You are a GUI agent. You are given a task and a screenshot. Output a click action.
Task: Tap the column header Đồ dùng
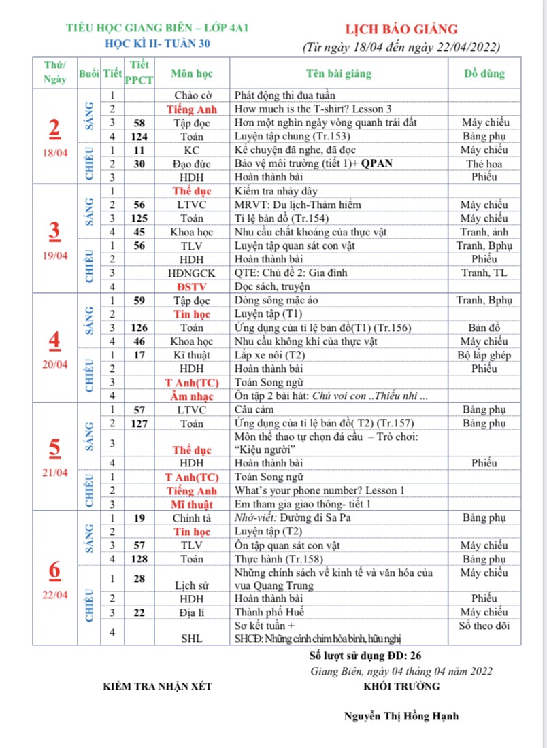pos(484,73)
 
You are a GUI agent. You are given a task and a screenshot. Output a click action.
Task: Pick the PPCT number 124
pos(139,136)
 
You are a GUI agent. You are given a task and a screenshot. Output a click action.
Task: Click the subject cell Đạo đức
pos(191,163)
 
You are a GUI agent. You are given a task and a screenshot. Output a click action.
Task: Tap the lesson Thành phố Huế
pos(269,612)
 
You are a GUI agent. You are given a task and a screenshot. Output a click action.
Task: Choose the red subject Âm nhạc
pos(192,396)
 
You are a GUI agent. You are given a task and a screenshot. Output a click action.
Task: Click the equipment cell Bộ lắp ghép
pos(484,354)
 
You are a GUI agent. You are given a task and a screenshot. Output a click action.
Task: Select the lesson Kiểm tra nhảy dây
pos(276,191)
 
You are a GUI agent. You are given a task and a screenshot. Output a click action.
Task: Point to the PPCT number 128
pos(139,558)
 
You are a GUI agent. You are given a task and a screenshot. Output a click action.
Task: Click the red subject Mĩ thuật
pos(192,505)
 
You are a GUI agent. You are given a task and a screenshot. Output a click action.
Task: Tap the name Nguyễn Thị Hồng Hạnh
pos(401,715)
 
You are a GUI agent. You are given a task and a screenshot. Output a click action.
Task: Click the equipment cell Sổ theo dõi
pos(484,626)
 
